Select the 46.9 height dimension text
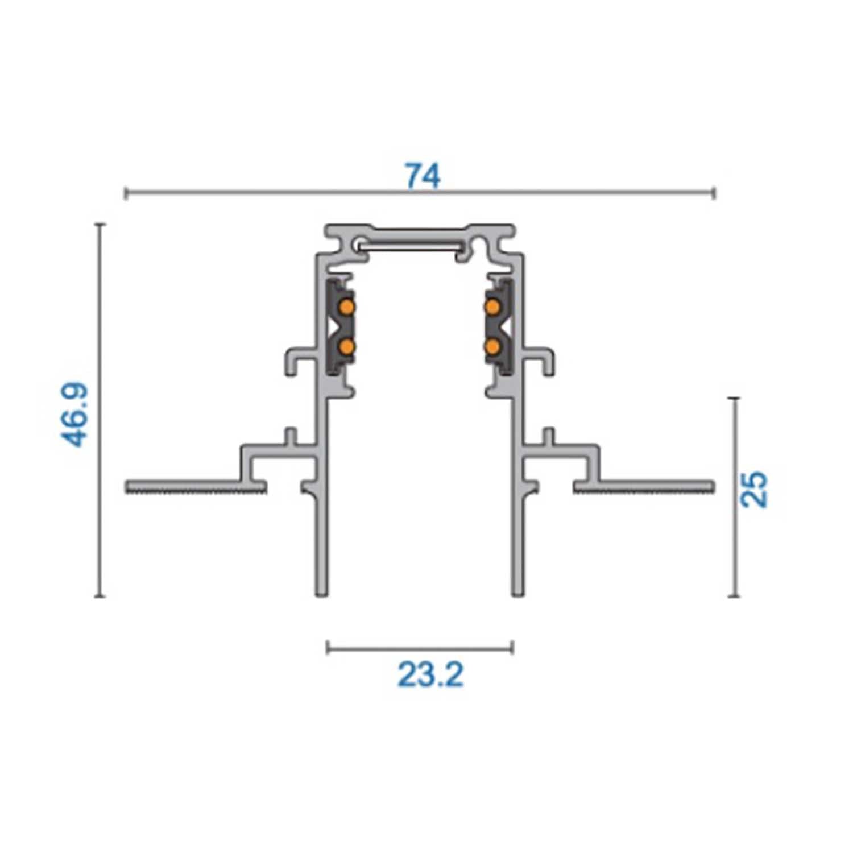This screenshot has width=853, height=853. coord(75,414)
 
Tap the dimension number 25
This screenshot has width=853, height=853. coord(754,489)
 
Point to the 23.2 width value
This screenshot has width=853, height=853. coord(430,676)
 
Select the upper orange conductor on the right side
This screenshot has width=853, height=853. coord(493,308)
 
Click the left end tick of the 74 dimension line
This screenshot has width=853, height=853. coord(125,193)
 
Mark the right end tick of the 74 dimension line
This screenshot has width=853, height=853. coord(714,193)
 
